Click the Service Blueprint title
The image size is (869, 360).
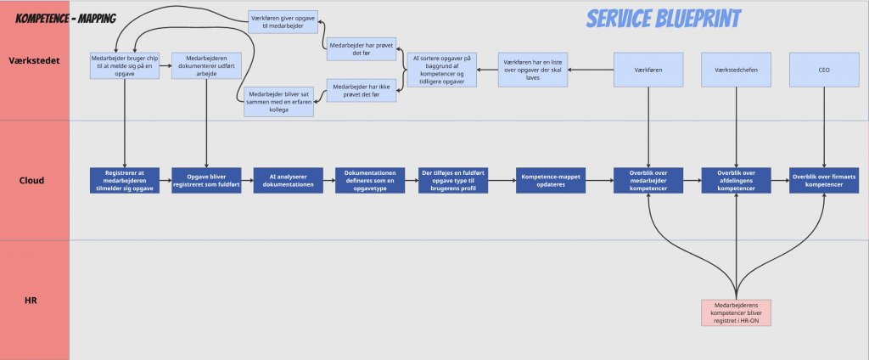[x=663, y=19]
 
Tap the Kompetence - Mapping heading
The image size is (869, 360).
[x=65, y=18]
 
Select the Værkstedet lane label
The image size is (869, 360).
[x=34, y=61]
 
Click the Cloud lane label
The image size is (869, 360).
[x=34, y=180]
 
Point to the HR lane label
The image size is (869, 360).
[x=34, y=300]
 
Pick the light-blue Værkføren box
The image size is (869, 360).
[x=648, y=70]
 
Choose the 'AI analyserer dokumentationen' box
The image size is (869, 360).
[x=289, y=180]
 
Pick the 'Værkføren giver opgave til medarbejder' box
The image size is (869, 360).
[x=283, y=22]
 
